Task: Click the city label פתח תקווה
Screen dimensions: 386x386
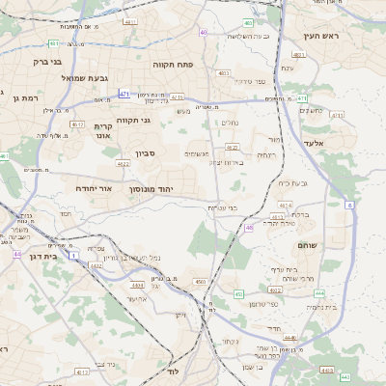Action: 173,63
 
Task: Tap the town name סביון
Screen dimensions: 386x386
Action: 145,153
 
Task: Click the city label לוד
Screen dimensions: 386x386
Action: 174,372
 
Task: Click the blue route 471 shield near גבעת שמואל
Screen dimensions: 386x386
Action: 124,94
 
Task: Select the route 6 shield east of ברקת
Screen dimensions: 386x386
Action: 348,206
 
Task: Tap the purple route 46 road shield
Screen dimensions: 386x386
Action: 249,228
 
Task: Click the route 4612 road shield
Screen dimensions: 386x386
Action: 78,124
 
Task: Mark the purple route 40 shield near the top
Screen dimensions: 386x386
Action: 203,33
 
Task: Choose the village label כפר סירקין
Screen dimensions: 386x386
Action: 255,82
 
